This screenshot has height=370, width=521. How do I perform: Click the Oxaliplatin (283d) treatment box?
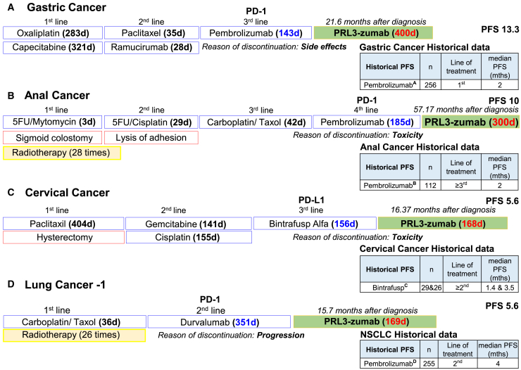click(x=52, y=32)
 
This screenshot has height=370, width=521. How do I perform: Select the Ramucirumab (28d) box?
click(x=151, y=48)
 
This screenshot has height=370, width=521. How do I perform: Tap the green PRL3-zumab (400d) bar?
click(x=373, y=32)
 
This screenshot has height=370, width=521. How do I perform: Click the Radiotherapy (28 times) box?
click(x=62, y=153)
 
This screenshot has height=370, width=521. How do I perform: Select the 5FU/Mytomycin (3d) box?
click(x=52, y=122)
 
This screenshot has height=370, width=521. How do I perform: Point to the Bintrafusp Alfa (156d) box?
click(x=313, y=223)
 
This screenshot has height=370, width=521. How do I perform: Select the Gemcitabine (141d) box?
click(x=188, y=223)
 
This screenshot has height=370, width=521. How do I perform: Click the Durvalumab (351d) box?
click(x=220, y=321)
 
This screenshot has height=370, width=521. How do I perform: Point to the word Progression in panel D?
click(x=280, y=336)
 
